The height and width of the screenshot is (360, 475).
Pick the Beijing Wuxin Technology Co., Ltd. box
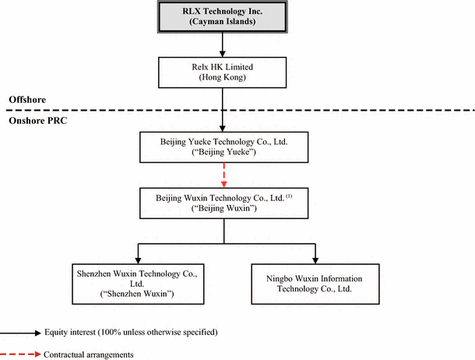pos(224,203)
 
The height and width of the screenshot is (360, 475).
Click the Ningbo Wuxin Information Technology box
pos(315,282)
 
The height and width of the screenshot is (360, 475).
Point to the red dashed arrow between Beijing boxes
pos(224,175)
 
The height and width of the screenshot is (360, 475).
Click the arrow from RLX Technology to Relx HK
pos(224,45)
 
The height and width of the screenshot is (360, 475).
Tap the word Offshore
pos(27,101)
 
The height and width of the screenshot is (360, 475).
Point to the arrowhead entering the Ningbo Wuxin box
pos(315,259)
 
